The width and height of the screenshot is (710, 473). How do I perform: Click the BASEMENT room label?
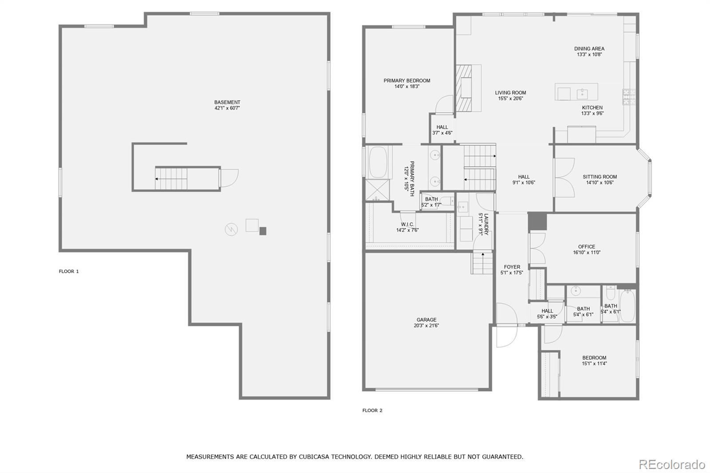[x=227, y=102]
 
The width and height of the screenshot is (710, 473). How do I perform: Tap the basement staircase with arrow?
[x=171, y=178]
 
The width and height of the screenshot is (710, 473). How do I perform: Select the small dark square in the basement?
[x=263, y=231]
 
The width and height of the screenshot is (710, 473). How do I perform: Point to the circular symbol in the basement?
[x=231, y=229]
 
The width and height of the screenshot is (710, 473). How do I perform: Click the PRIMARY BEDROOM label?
[x=406, y=81]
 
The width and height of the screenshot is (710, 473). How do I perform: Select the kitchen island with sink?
[x=576, y=92]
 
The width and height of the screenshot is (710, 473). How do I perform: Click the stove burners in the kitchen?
[x=629, y=97]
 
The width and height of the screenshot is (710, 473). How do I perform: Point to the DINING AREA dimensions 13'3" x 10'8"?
[x=589, y=55]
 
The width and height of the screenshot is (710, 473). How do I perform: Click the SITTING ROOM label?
[x=600, y=177]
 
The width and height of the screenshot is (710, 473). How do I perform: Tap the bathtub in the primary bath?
[x=378, y=162]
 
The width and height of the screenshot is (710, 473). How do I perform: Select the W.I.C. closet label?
[x=407, y=225]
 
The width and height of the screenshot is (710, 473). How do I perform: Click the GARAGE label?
[x=426, y=319]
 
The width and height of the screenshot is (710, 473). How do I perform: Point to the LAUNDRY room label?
[x=486, y=224]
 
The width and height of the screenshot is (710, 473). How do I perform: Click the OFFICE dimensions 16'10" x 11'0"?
[x=586, y=252]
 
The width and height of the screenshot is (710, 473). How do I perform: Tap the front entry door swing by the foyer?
[x=507, y=324]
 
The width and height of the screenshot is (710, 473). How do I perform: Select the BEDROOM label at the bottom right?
[x=594, y=358]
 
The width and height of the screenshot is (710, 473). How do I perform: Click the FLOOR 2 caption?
[x=372, y=410]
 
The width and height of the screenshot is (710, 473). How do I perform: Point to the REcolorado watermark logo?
[x=671, y=464]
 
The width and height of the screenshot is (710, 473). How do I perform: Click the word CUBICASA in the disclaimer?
[x=315, y=457]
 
